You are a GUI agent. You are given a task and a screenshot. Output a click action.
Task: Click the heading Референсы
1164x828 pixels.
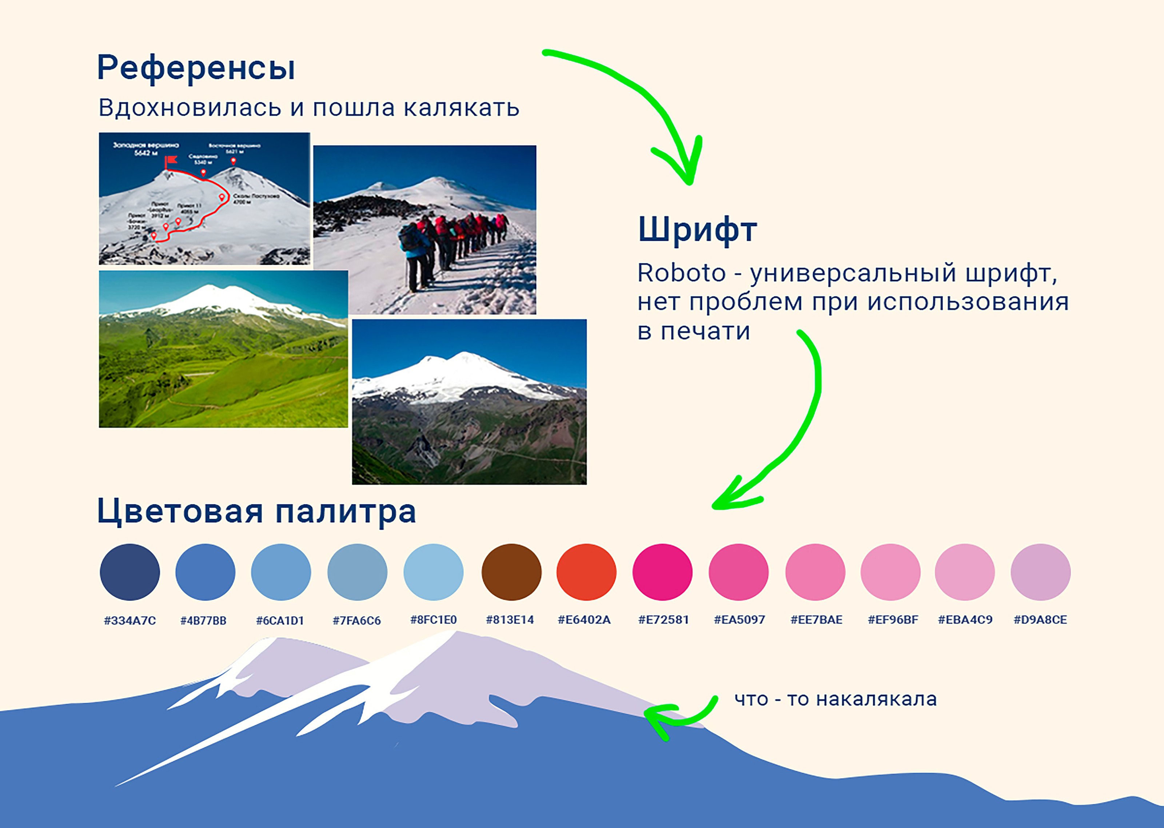pos(196,68)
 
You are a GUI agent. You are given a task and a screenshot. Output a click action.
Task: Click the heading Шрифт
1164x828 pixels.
pos(697,230)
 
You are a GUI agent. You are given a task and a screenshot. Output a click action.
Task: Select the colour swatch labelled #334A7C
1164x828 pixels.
pos(129,572)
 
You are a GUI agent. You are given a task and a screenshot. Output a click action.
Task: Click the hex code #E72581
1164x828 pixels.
pos(663,620)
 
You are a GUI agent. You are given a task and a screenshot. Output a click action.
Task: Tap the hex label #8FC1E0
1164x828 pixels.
pos(433,620)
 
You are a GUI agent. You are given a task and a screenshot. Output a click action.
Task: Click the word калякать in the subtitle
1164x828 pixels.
pos(461,108)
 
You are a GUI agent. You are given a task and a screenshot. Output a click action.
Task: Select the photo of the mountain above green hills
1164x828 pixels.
pos(223,349)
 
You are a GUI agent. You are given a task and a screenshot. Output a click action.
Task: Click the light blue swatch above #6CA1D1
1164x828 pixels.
pos(281,572)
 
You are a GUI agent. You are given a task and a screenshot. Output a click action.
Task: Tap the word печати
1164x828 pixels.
pos(705,331)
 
